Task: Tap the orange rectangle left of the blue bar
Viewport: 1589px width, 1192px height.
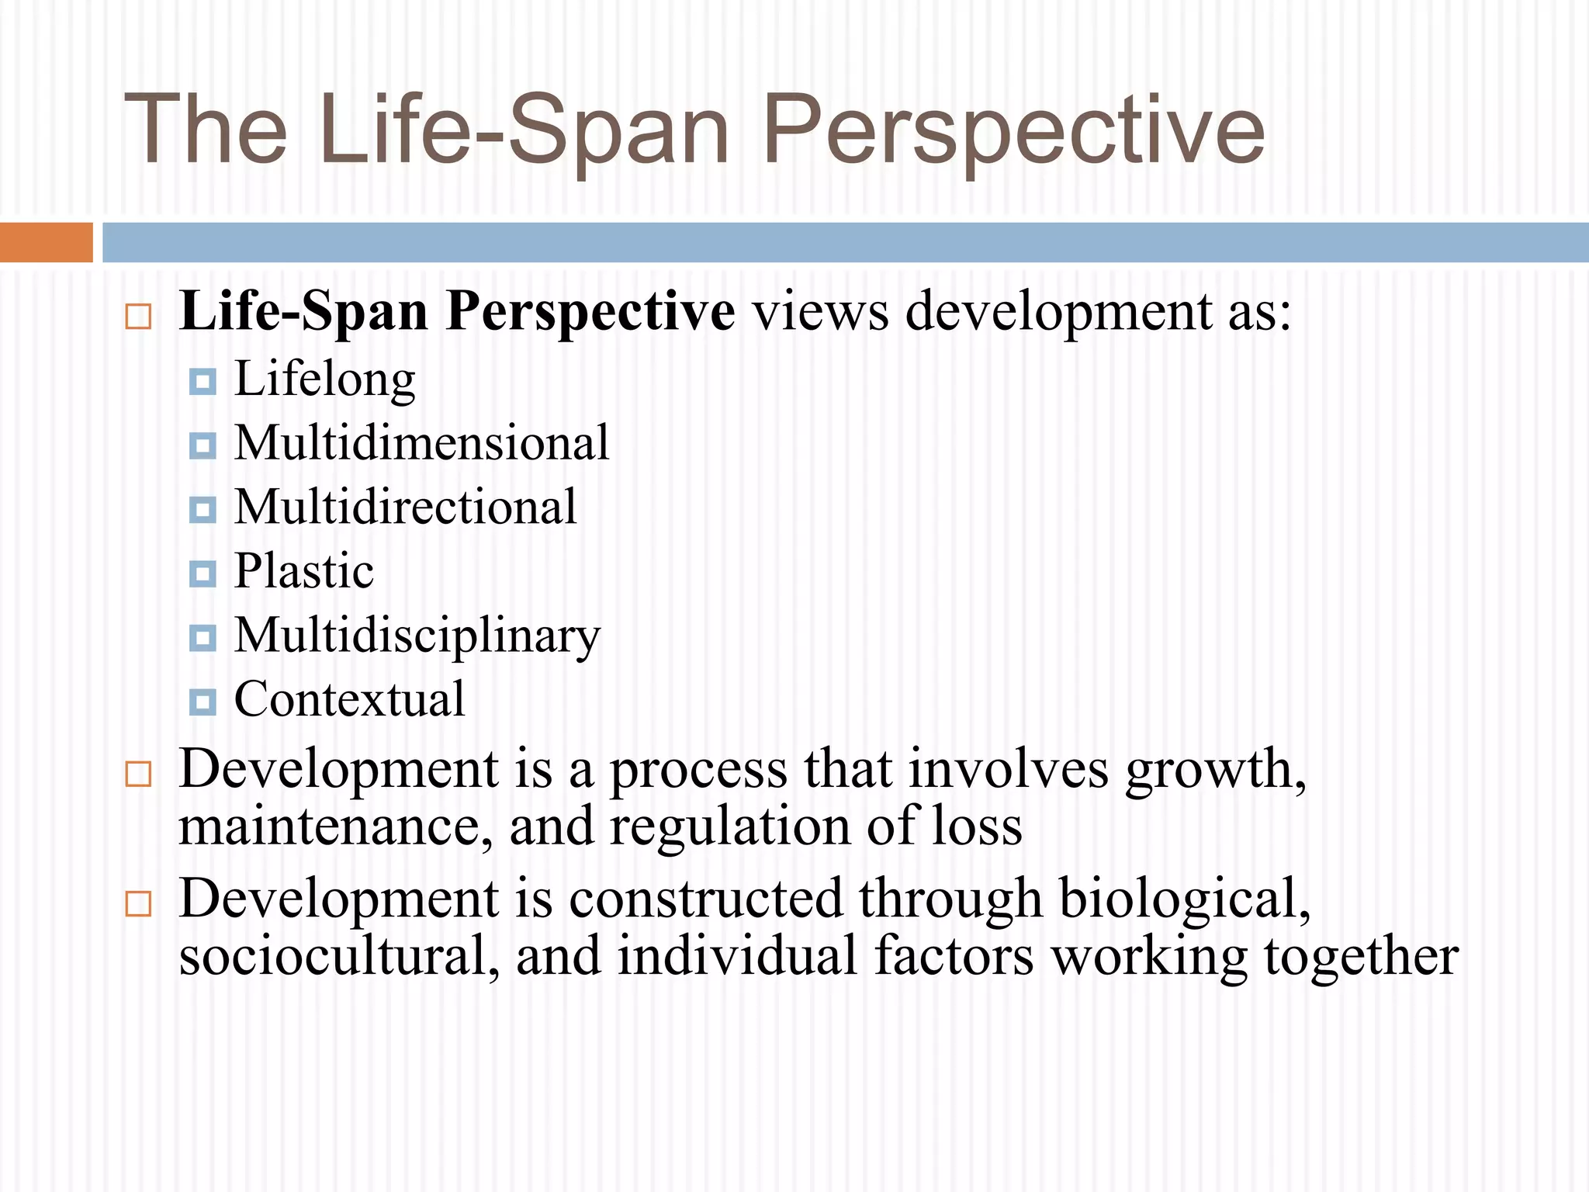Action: pos(46,242)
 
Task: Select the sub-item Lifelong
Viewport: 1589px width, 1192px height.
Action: pos(325,380)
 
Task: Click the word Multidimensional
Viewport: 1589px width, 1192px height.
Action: pos(421,444)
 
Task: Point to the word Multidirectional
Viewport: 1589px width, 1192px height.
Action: pos(405,508)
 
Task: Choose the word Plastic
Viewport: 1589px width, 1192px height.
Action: pos(304,572)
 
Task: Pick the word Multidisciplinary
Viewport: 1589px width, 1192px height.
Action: pos(417,636)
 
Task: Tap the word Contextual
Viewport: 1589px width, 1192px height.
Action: pos(349,700)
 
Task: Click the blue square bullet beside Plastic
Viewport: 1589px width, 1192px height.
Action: pos(203,574)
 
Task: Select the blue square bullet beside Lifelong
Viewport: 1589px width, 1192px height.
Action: pos(203,382)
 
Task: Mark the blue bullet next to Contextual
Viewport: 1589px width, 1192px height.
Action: pos(203,702)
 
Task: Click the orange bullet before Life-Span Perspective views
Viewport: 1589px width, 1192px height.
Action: pos(138,317)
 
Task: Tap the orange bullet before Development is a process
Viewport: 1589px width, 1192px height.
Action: pos(138,774)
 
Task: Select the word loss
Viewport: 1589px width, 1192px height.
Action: pos(977,827)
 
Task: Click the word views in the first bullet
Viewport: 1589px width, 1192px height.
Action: pos(821,312)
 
